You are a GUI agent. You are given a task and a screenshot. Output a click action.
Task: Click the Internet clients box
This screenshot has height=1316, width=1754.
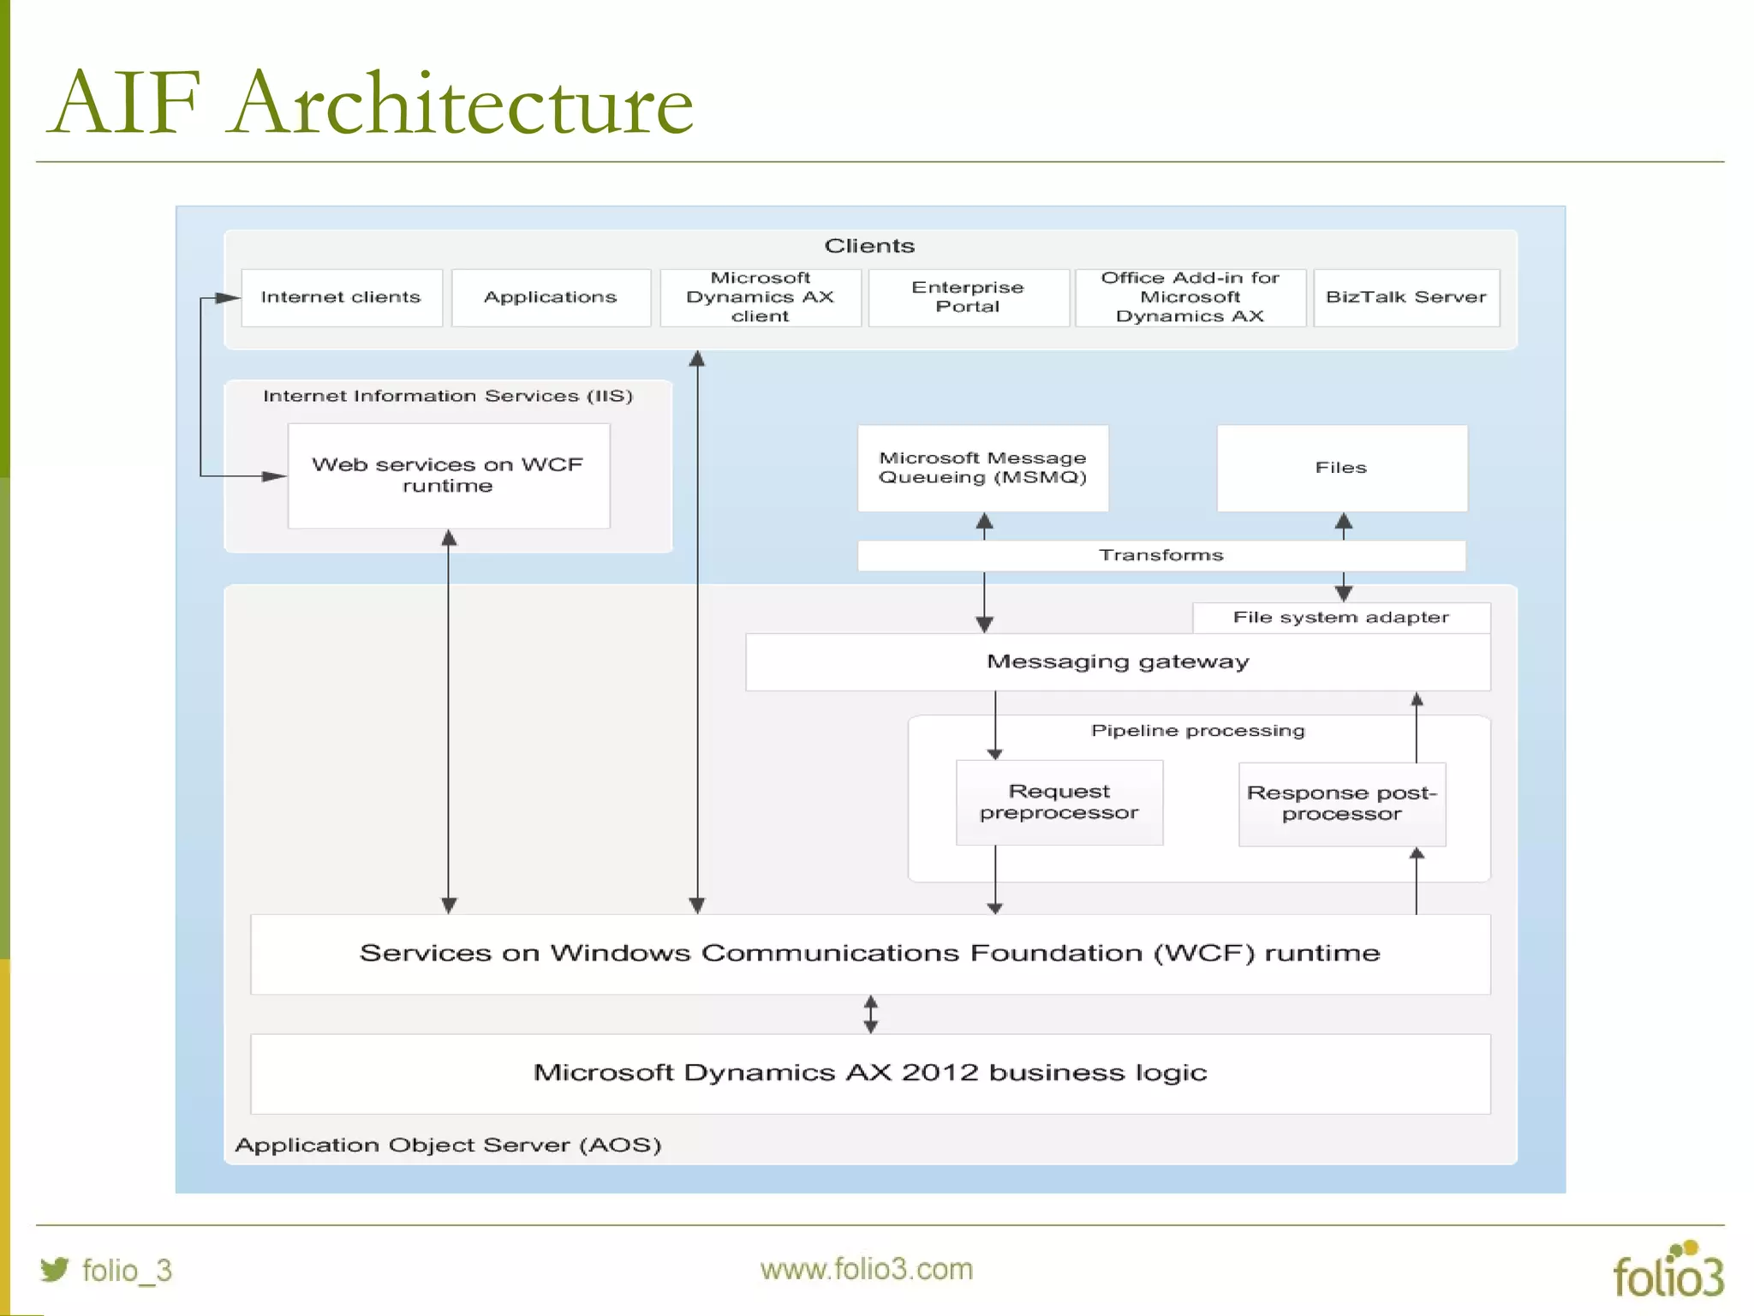coord(341,297)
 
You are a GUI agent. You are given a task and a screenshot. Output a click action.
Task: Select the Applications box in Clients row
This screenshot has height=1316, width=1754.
coord(550,297)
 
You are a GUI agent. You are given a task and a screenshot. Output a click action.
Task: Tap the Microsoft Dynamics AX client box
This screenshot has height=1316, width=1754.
coord(760,297)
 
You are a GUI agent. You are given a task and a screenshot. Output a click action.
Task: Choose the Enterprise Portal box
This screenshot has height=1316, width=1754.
coord(968,297)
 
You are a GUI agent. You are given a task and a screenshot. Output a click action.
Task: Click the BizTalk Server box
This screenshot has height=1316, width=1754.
coord(1405,297)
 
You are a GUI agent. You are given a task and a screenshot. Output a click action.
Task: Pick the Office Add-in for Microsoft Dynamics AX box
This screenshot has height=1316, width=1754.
coord(1190,297)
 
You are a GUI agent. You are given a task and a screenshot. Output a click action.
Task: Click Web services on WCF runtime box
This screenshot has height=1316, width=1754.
coord(448,476)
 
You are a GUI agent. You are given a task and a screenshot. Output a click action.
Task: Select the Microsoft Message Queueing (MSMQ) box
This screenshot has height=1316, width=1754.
coord(982,468)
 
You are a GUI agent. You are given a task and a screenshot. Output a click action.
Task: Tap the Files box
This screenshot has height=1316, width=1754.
coord(1341,468)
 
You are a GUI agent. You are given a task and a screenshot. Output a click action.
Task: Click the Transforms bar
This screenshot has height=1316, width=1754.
coord(1160,555)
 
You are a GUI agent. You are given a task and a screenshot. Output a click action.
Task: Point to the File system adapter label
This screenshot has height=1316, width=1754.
coord(1340,618)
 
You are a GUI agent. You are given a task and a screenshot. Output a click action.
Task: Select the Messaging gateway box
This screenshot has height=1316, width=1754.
coord(1117,662)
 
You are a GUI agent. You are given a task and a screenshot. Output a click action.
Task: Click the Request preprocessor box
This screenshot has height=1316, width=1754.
coord(1059,803)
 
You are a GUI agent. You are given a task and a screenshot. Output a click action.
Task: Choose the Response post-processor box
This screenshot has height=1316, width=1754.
coord(1341,804)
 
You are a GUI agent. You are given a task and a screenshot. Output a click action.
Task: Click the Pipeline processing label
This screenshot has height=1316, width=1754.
coord(1197,731)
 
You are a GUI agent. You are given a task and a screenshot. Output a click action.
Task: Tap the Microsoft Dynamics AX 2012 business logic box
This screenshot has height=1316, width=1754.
coord(869,1074)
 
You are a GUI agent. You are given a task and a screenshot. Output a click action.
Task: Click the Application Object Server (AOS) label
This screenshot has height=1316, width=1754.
coord(448,1146)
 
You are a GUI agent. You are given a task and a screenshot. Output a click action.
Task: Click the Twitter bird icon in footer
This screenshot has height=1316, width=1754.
coord(54,1269)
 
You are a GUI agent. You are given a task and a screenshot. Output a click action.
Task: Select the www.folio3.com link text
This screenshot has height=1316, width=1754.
coord(866,1269)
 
